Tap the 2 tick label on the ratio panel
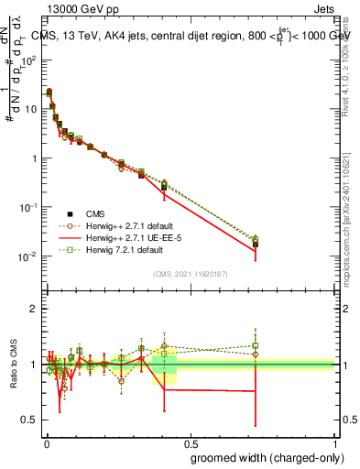pos(35,309)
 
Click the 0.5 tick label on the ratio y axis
pos(30,420)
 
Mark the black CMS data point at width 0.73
pos(256,245)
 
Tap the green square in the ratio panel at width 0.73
pos(256,346)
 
